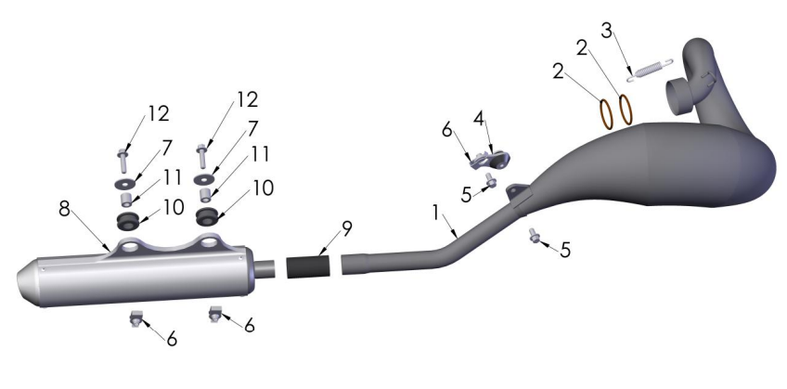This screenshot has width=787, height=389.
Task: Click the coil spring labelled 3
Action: click(x=650, y=69)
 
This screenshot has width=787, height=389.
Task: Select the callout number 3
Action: click(x=607, y=32)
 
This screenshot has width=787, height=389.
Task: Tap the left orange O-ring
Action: click(x=606, y=114)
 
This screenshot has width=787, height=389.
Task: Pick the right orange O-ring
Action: click(x=626, y=110)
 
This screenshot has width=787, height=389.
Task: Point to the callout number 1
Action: click(x=435, y=213)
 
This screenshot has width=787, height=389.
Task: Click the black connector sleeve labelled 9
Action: click(x=309, y=266)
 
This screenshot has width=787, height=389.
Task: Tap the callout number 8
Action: click(x=64, y=208)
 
